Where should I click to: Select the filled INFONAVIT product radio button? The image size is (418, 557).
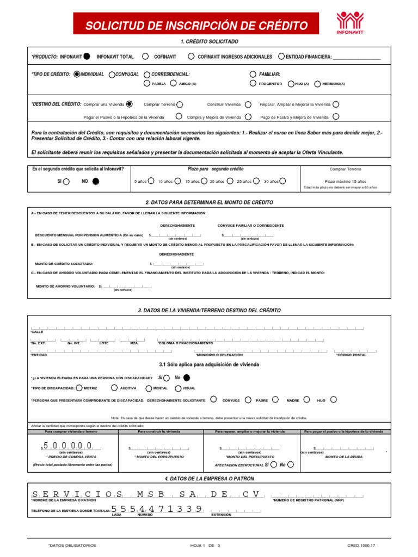point(87,56)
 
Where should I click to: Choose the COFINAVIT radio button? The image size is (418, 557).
point(145,56)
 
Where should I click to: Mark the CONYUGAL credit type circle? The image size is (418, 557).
point(112,74)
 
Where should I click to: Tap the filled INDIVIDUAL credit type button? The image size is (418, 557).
point(77,74)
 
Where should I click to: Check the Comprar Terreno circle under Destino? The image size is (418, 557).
point(180,104)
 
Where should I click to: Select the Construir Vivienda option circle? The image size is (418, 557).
point(248,104)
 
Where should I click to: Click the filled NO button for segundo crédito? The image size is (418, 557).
point(96,182)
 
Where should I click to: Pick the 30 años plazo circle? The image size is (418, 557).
point(282,181)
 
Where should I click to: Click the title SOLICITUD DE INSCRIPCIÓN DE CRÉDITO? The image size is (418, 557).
point(197,26)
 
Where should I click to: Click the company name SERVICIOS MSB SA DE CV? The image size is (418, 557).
point(147,494)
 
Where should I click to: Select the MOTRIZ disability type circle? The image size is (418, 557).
point(79,388)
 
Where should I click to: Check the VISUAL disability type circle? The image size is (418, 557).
point(177,388)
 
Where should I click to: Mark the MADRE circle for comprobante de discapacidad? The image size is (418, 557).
point(306,399)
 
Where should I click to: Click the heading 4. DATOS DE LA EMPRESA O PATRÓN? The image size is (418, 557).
point(209,478)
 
